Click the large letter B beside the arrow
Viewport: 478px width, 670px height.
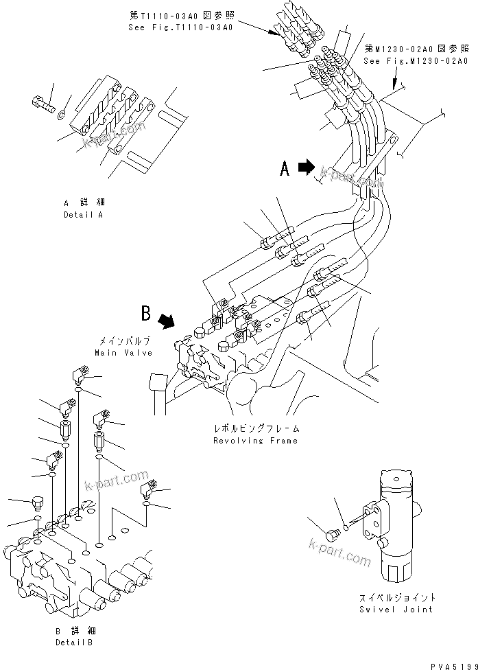tap(145, 314)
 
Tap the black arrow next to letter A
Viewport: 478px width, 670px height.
tap(306, 167)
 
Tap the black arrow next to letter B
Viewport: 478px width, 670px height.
tap(166, 320)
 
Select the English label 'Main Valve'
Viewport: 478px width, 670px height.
tap(123, 352)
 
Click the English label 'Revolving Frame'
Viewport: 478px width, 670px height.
tap(255, 440)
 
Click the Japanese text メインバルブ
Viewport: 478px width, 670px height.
tap(123, 341)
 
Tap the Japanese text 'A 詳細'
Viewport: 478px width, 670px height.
tap(82, 203)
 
